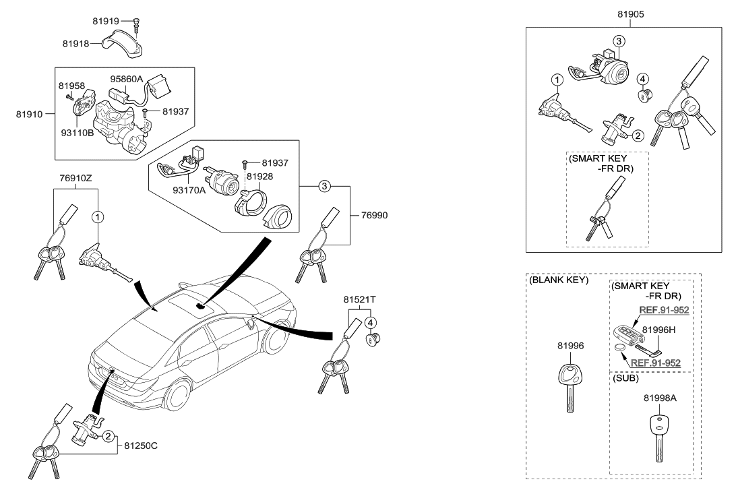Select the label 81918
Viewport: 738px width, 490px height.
(x=76, y=44)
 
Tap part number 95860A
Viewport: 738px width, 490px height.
(x=127, y=79)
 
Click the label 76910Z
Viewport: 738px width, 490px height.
(x=75, y=179)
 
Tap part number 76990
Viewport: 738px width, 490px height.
(x=374, y=216)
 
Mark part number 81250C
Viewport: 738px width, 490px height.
(x=142, y=446)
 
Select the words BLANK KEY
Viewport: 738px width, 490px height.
(x=559, y=280)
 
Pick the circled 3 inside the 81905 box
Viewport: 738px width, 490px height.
(x=617, y=41)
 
